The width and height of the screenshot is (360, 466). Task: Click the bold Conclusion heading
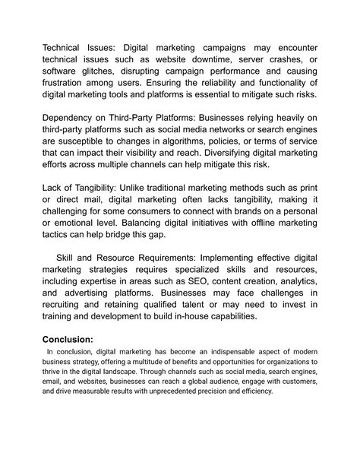coord(68,340)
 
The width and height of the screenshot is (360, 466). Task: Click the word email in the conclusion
coord(52,382)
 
